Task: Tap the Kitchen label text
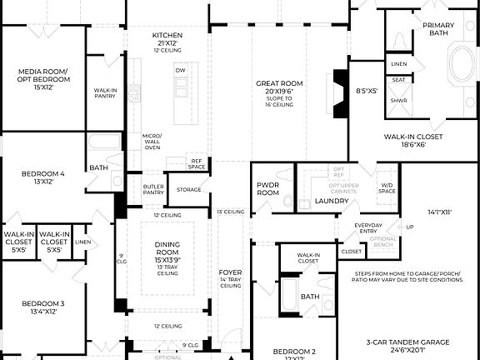[167, 35]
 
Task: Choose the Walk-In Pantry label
[105, 93]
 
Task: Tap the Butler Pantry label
[152, 188]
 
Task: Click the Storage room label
[188, 190]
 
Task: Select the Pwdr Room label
[267, 189]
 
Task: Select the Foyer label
[230, 272]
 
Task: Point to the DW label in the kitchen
[180, 71]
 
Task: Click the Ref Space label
[197, 163]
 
